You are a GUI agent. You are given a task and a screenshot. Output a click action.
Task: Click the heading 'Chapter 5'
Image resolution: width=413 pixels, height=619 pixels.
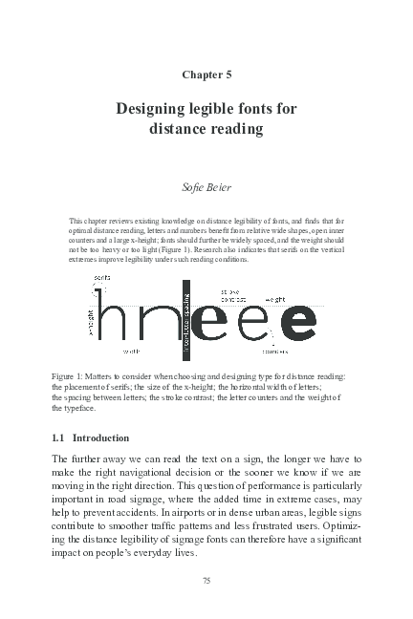pos(206,74)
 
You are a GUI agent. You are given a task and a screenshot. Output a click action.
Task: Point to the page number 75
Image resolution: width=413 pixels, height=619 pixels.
pos(206,579)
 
